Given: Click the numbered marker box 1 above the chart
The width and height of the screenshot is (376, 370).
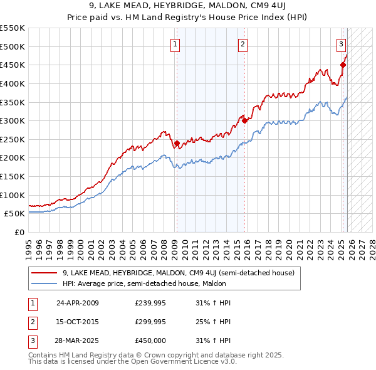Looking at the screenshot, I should click(x=174, y=44).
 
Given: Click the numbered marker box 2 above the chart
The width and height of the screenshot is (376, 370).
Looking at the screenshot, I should click(x=243, y=44).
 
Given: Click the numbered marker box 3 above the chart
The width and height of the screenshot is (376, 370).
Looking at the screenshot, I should click(x=341, y=44).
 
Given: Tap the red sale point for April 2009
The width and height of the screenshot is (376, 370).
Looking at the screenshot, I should click(x=177, y=143).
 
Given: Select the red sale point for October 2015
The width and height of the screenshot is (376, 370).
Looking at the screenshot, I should click(x=244, y=120).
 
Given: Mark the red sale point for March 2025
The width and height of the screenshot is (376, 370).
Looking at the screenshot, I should click(x=343, y=65).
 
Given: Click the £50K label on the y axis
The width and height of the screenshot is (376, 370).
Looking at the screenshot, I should click(x=14, y=213).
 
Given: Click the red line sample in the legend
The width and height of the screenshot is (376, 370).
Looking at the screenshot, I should click(x=44, y=273).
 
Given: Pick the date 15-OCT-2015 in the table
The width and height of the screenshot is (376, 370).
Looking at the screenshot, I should click(x=78, y=322).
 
